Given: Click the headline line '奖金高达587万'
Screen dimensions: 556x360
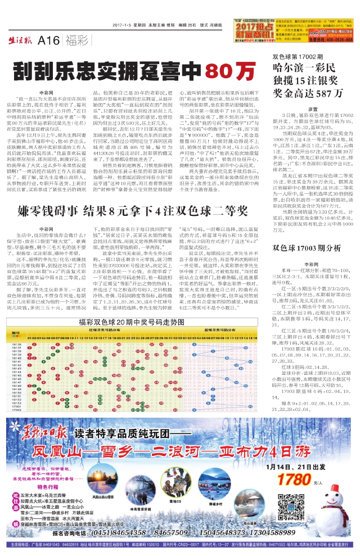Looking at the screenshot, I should (x=304, y=93).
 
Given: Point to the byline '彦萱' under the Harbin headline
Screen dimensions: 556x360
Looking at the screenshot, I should (x=312, y=108).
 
